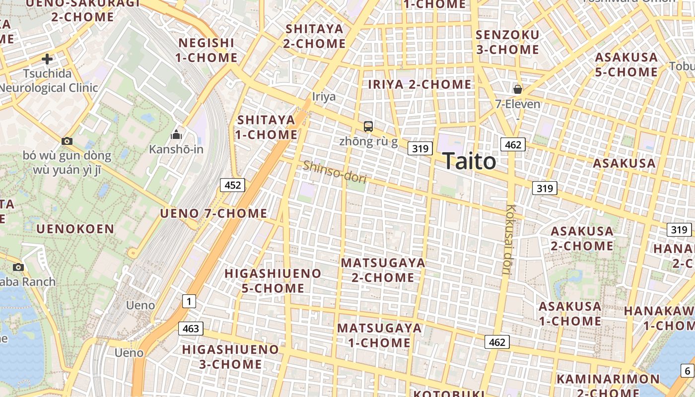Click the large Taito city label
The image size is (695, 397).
[469, 161]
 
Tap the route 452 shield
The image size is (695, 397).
[232, 186]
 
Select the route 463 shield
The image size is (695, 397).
[191, 329]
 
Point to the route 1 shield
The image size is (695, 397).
[189, 301]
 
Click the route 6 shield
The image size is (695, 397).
[688, 370]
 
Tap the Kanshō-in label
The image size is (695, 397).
[176, 149]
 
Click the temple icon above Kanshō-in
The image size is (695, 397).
[176, 134]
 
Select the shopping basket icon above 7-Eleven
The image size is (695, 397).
[518, 89]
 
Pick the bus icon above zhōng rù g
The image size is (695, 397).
[368, 127]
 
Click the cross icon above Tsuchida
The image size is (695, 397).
[47, 60]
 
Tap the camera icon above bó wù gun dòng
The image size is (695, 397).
[67, 141]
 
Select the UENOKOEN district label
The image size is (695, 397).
[75, 229]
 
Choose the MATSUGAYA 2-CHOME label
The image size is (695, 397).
[383, 270]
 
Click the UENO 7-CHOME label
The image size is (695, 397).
[213, 213]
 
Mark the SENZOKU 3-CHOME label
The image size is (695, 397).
[507, 42]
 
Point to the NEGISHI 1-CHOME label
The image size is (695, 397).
[206, 50]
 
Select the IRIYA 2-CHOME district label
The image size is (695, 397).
[419, 84]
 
